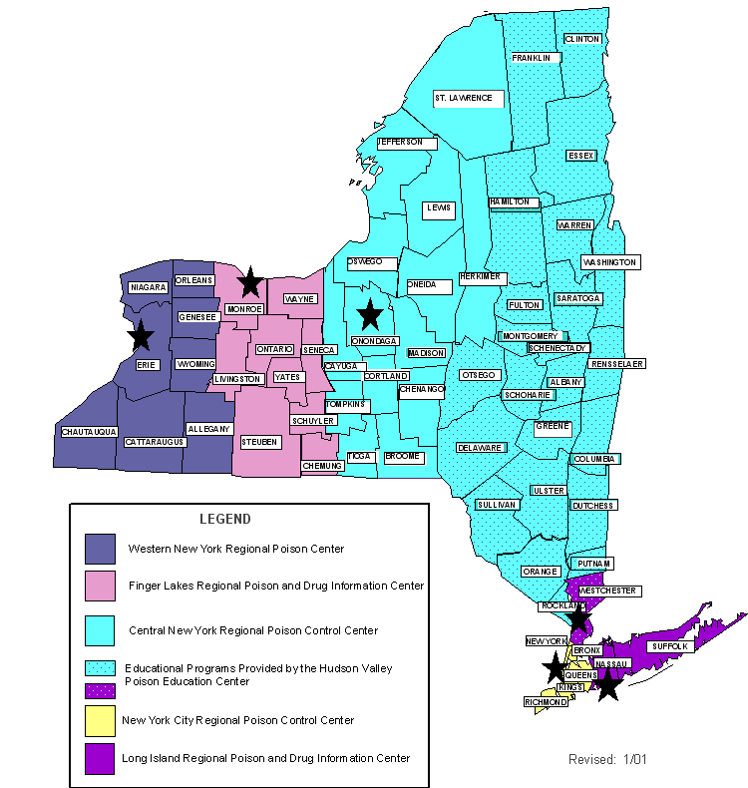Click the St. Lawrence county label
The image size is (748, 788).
(463, 98)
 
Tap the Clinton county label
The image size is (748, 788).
(581, 39)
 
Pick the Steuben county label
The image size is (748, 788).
(259, 441)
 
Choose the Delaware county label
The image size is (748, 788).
(480, 448)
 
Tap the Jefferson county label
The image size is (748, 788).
(406, 143)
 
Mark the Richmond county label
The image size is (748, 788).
(546, 702)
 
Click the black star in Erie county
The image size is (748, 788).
(141, 336)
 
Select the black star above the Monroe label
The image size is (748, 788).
(250, 282)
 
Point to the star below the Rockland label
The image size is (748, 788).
(577, 621)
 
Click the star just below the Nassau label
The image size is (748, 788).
(607, 685)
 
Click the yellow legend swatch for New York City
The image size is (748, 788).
(100, 719)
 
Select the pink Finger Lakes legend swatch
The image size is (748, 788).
(100, 586)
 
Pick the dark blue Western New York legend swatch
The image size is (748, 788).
(100, 549)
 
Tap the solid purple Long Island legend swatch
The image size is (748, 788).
(100, 758)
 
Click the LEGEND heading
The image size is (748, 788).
(225, 519)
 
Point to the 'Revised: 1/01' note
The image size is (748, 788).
(607, 759)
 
